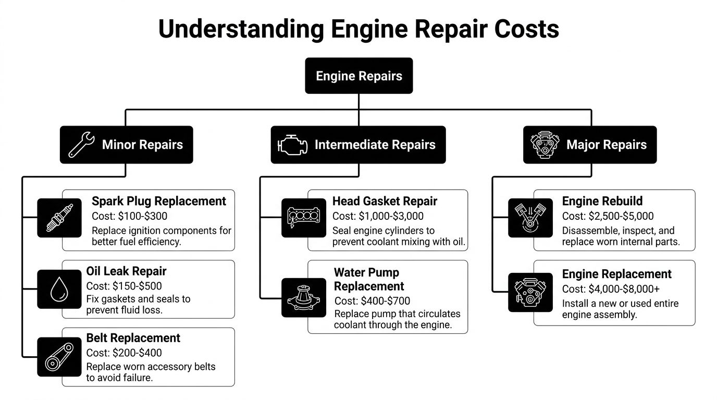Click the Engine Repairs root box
[358, 76]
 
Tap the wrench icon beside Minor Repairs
[81, 145]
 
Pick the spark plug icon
[59, 218]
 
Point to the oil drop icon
[59, 289]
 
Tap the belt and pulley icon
[59, 357]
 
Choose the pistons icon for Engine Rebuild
[530, 218]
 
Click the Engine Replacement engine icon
[530, 292]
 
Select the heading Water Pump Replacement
[369, 279]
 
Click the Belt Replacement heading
[133, 338]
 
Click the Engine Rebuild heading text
[602, 201]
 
